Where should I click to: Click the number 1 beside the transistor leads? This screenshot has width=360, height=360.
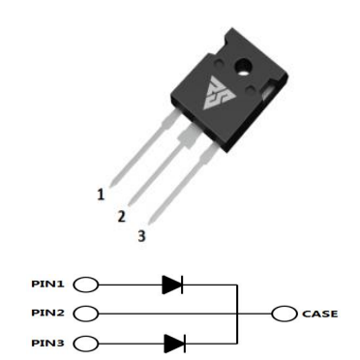click(x=101, y=195)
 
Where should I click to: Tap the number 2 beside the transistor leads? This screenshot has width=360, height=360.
click(x=121, y=216)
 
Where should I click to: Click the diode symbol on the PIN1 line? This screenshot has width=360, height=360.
click(x=174, y=285)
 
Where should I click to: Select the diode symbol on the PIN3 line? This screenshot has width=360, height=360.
click(x=174, y=342)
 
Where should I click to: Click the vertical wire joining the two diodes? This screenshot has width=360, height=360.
click(x=235, y=314)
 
